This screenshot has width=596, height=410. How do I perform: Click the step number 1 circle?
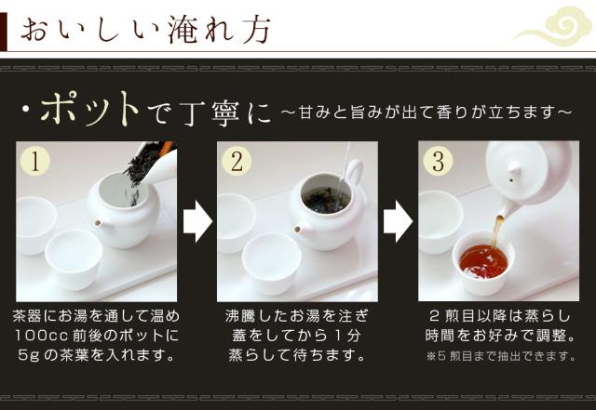pos(35,161)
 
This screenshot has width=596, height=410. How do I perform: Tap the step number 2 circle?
pos(237,161)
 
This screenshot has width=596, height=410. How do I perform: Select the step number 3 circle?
pos(438,161)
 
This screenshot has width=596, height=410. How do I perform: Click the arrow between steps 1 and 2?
pos(197,221)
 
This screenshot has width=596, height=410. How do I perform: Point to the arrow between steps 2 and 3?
pos(398,221)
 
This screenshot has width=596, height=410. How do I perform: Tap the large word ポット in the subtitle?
pos(89,110)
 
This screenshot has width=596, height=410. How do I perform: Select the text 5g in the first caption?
pos(29,356)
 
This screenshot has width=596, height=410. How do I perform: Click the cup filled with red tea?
pos(483,262)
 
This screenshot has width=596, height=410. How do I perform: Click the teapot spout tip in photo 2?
pos(298,229)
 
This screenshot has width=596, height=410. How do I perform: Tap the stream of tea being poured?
pos(497,231)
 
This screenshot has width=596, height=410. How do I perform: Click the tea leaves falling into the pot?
pos(142,171)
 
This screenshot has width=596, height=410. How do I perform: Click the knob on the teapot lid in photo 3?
pos(513,168)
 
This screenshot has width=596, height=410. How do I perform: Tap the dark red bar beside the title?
pos(4,32)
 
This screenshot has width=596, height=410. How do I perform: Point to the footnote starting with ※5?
pos(500,356)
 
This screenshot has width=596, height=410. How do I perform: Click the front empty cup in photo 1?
pos(74,258)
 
